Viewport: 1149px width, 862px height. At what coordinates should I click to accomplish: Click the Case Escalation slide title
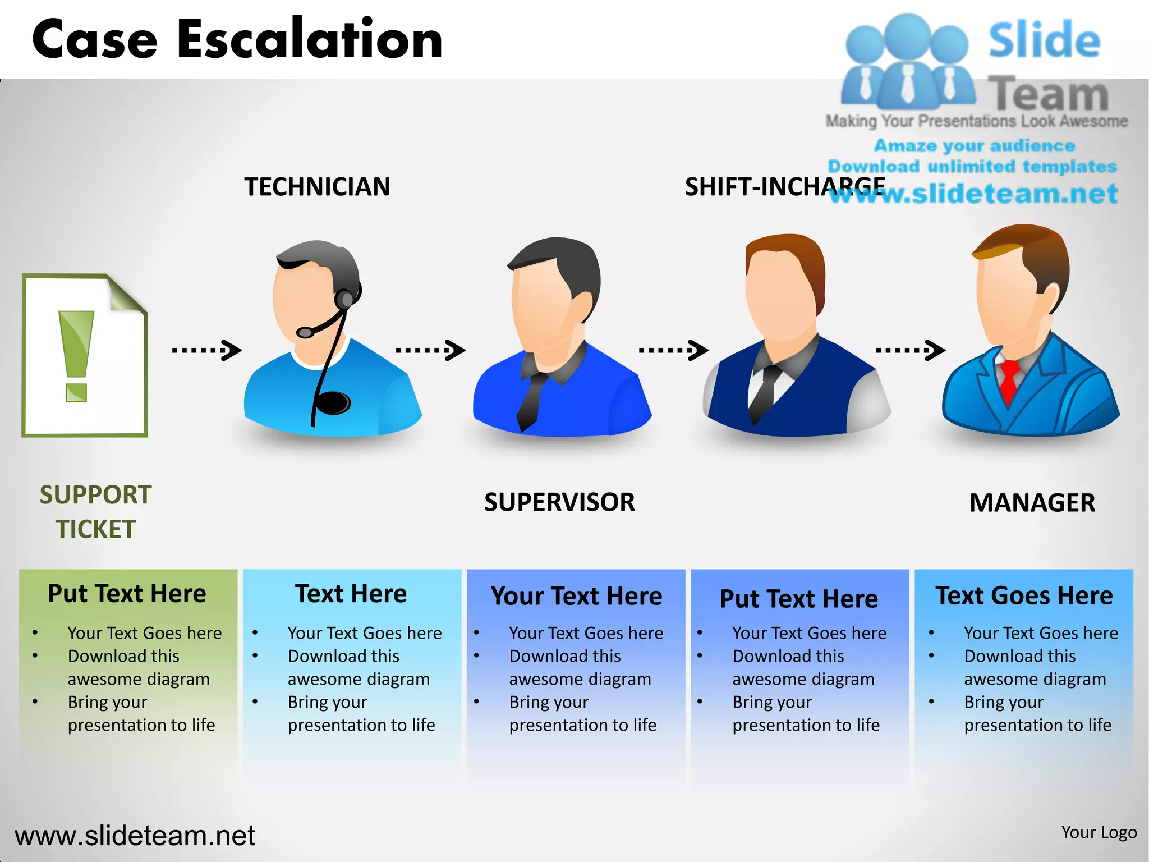(x=237, y=39)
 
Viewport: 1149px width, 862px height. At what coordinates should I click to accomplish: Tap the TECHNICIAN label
(x=317, y=187)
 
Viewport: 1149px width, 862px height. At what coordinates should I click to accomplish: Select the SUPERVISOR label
(x=559, y=502)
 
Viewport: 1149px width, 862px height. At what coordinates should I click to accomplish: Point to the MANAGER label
(x=1032, y=502)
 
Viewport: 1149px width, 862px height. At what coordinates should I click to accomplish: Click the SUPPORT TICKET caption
(x=95, y=512)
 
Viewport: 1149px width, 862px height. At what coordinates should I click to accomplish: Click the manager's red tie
(x=1009, y=382)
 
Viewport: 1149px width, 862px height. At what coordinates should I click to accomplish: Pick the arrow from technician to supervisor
(x=430, y=350)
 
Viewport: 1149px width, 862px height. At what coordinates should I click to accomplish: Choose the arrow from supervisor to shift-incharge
(x=673, y=350)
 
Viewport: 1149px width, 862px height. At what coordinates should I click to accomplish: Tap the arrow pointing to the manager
(x=910, y=350)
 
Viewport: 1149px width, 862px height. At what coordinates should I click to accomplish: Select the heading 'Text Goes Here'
(x=1024, y=595)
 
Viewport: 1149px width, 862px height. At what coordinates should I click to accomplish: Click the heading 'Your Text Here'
(x=576, y=596)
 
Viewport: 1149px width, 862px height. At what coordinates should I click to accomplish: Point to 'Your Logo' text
(x=1099, y=832)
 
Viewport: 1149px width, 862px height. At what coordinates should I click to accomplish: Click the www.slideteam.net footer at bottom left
(x=135, y=836)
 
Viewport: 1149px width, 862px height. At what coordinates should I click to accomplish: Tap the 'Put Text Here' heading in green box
(x=127, y=594)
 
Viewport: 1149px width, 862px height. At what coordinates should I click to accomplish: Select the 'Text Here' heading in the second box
(x=351, y=594)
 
